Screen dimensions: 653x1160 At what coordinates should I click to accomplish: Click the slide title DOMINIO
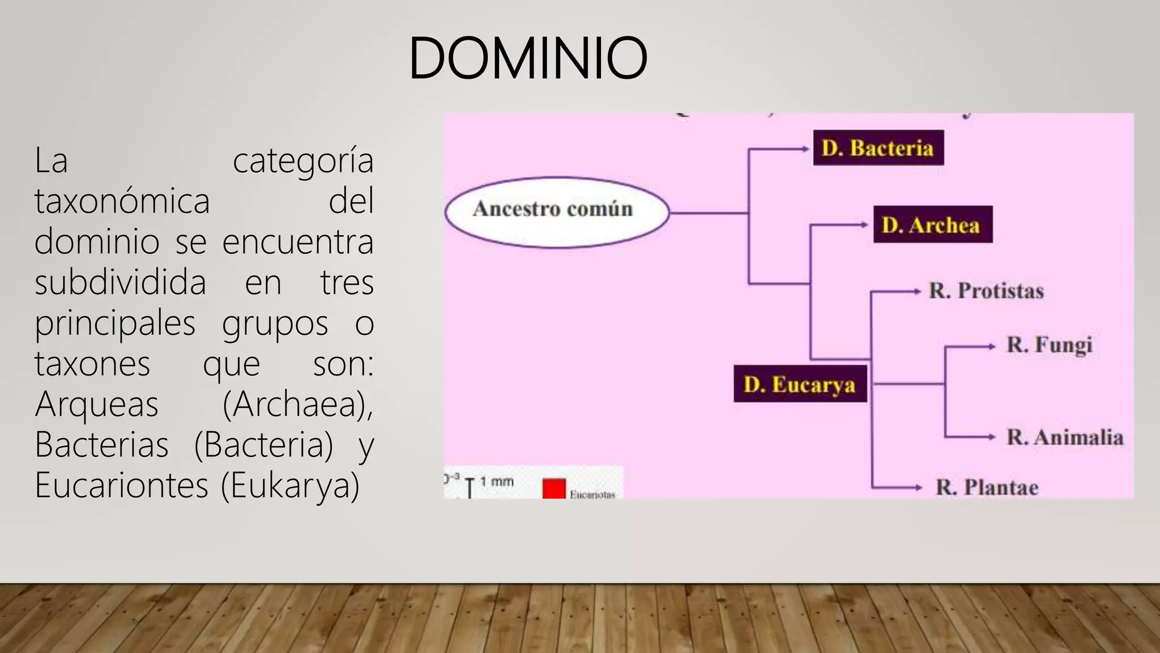(x=527, y=58)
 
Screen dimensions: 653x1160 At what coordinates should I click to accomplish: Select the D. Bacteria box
(x=878, y=148)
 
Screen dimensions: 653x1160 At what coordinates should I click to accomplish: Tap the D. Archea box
(x=932, y=224)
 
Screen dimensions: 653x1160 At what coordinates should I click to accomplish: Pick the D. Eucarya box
(x=800, y=384)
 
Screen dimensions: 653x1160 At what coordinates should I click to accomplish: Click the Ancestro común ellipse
(x=557, y=212)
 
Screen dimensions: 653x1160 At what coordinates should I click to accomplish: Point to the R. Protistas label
(x=986, y=291)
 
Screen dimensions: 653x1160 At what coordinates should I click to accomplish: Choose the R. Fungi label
(x=1049, y=345)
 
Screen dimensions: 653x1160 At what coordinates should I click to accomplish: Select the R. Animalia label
(x=1065, y=437)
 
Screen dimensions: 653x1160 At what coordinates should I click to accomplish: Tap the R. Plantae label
(x=987, y=487)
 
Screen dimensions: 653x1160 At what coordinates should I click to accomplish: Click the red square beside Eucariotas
(x=554, y=489)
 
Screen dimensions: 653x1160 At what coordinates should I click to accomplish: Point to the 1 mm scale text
(x=497, y=482)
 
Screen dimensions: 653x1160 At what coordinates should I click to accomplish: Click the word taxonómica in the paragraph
(x=122, y=201)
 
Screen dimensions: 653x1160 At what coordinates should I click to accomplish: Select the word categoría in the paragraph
(x=303, y=160)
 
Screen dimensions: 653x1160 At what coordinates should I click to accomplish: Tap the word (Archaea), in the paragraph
(x=298, y=404)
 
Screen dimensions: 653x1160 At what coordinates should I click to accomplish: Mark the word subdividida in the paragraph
(x=120, y=282)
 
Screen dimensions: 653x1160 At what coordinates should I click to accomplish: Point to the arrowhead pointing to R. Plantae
(x=919, y=487)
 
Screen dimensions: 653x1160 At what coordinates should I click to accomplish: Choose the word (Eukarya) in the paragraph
(x=290, y=485)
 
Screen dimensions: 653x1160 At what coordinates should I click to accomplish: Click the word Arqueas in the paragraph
(x=97, y=404)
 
